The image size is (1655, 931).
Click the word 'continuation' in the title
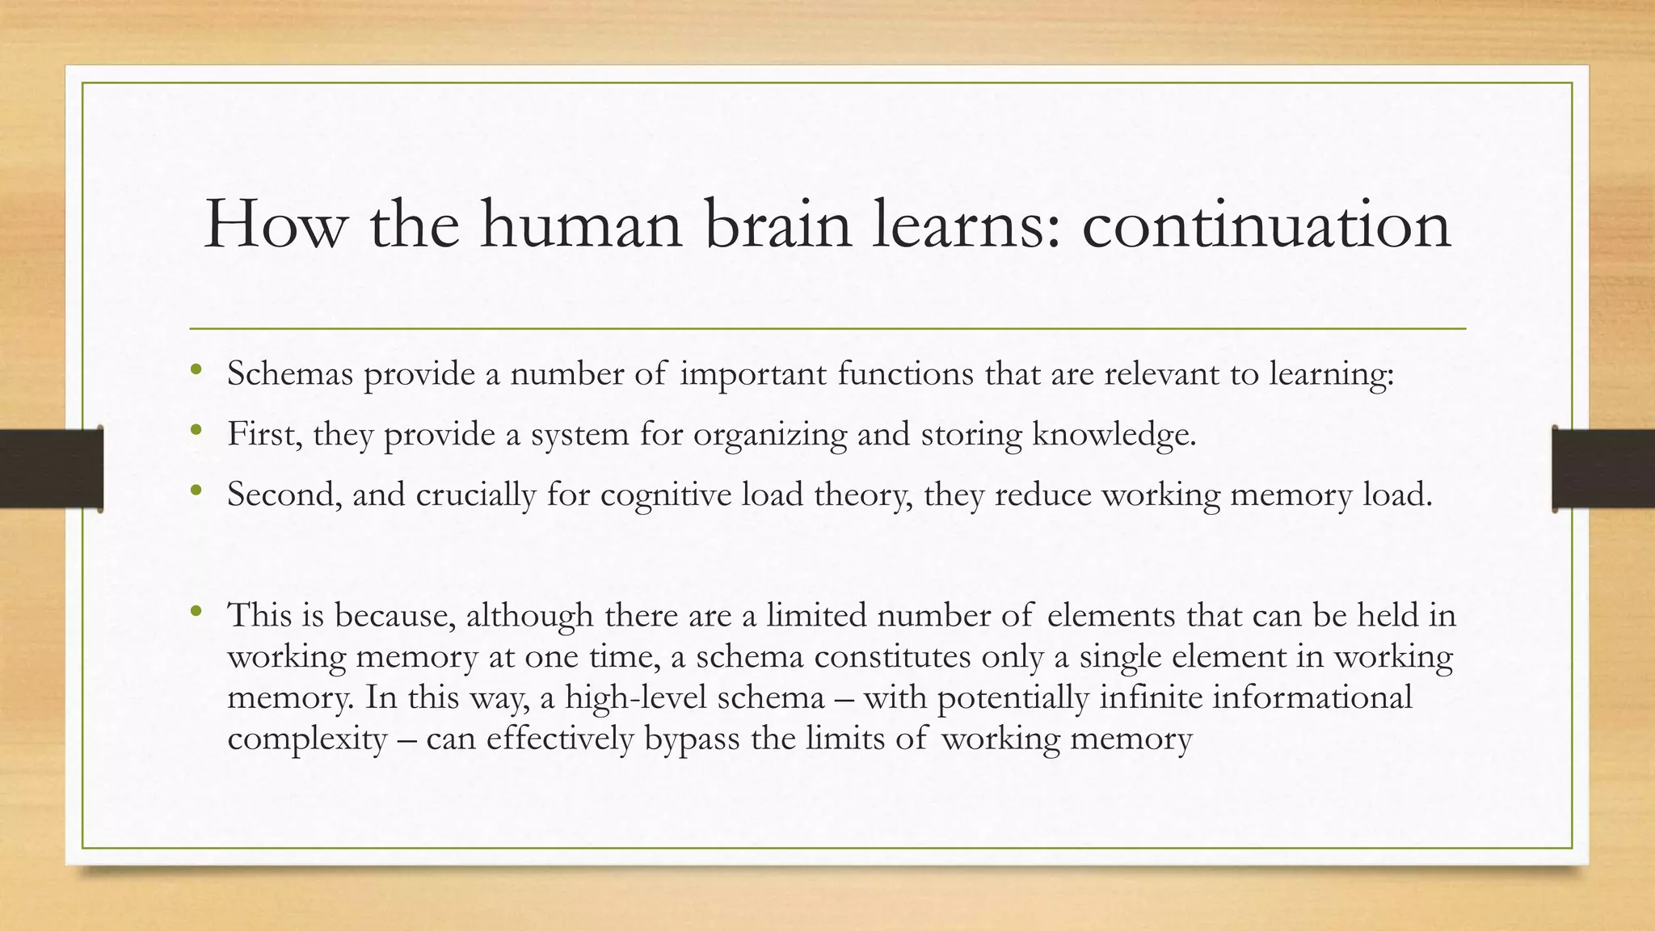pos(1266,225)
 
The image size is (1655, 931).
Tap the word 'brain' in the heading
pos(778,225)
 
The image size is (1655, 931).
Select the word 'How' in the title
pos(275,225)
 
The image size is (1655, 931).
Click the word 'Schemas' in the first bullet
pos(290,373)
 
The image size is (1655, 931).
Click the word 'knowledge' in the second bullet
pos(1114,435)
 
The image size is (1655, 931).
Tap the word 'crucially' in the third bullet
pos(475,495)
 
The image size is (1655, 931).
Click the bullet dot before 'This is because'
pos(195,612)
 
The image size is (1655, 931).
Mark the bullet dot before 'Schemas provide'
pos(195,370)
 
